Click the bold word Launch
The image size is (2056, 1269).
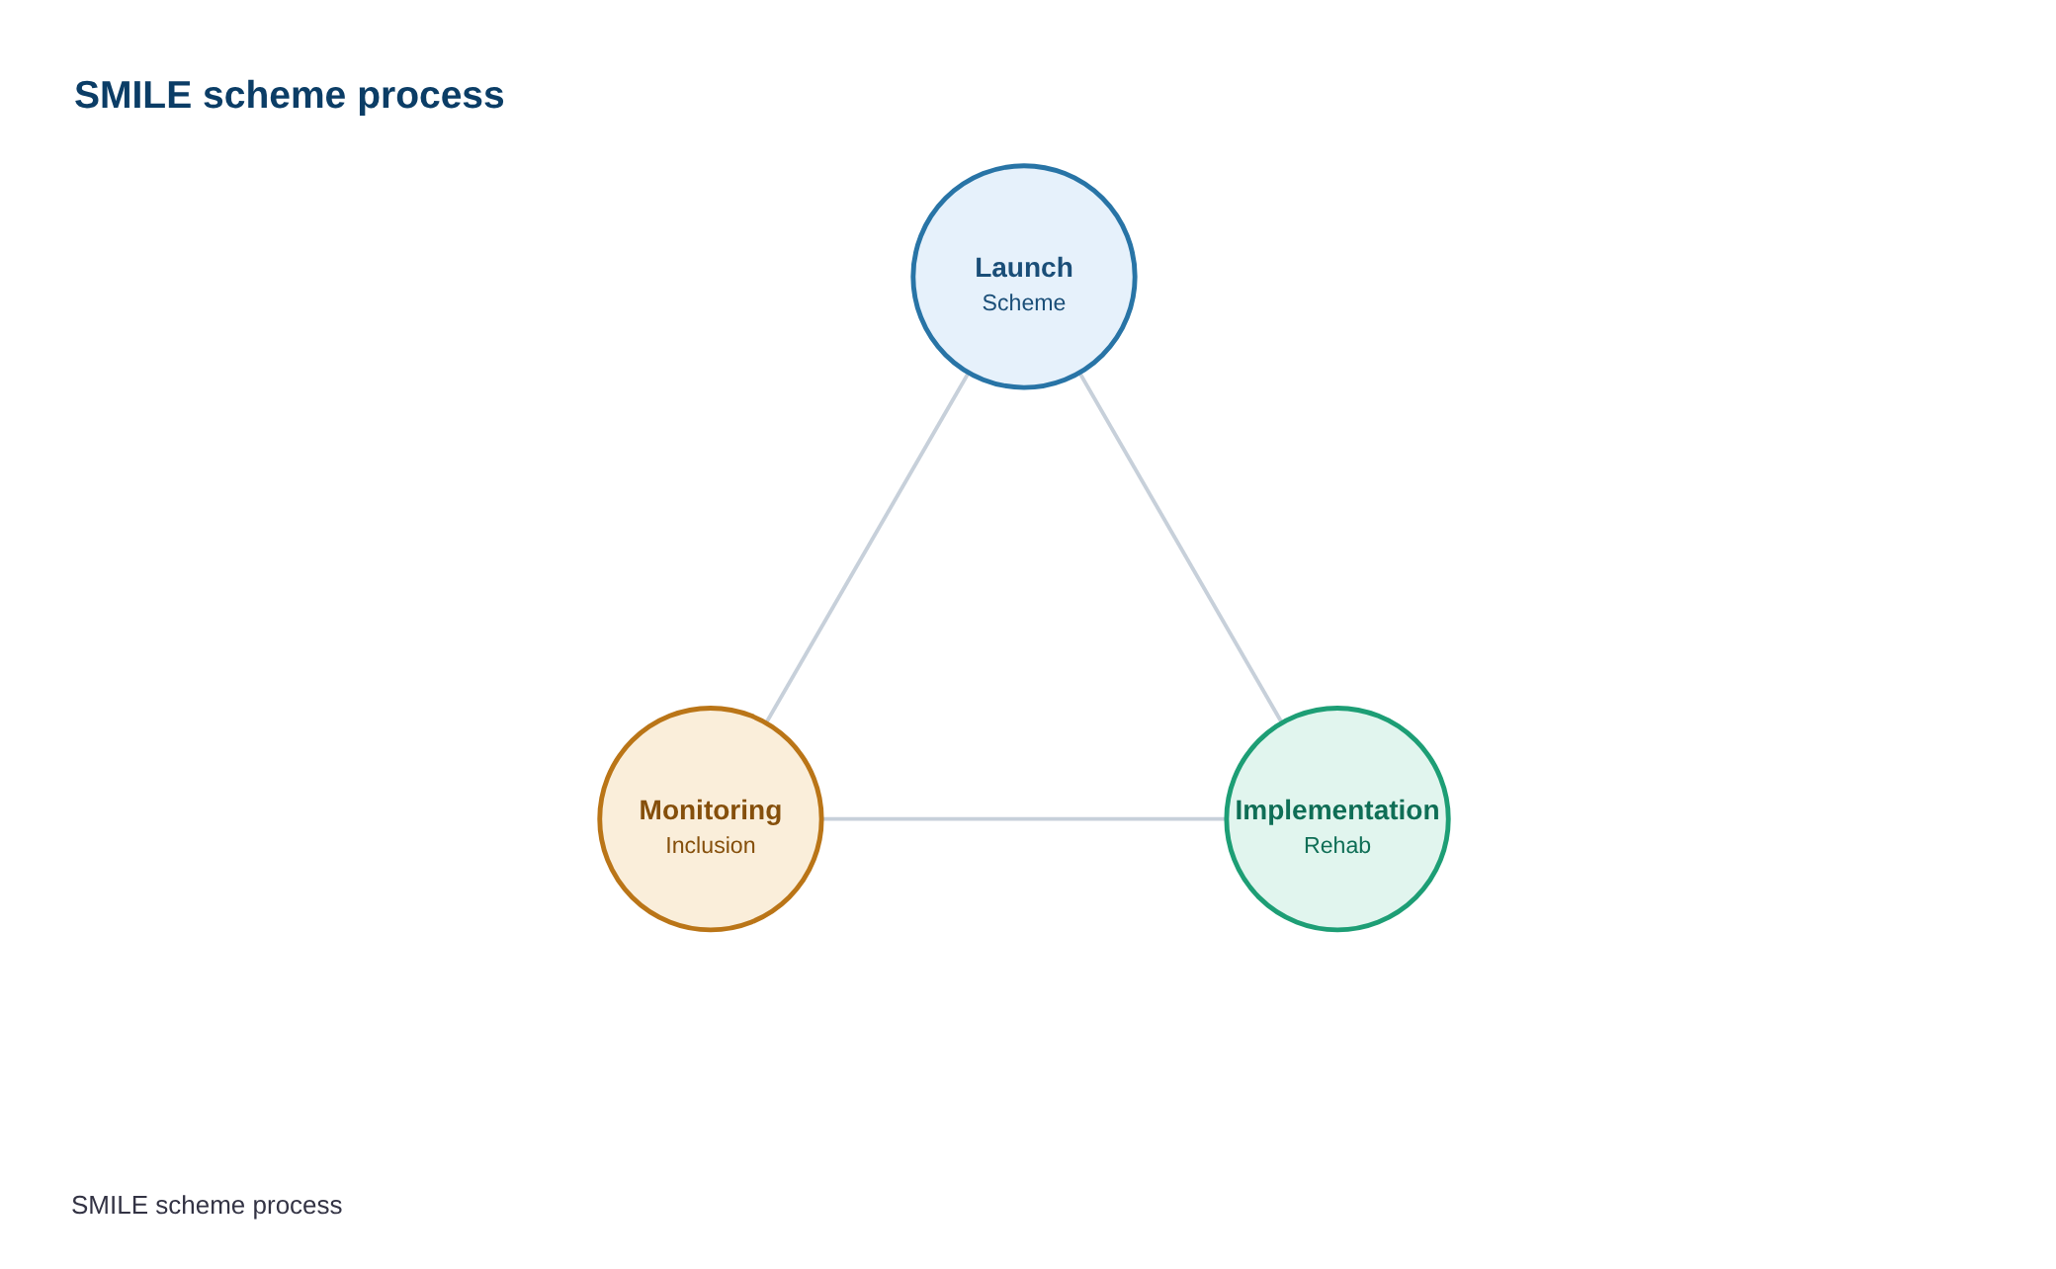point(1024,268)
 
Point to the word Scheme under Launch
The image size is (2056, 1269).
point(1024,302)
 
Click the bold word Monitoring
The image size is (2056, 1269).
point(711,810)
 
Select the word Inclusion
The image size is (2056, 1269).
point(711,845)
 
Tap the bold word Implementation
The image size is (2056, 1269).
point(1337,810)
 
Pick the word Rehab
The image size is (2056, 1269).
point(1337,845)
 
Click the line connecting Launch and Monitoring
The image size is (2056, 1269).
point(867,548)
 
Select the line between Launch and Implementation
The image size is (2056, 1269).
point(1181,548)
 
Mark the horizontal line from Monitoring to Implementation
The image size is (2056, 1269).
point(1024,818)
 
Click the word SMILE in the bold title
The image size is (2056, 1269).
point(132,95)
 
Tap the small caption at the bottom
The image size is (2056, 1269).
point(207,1206)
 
